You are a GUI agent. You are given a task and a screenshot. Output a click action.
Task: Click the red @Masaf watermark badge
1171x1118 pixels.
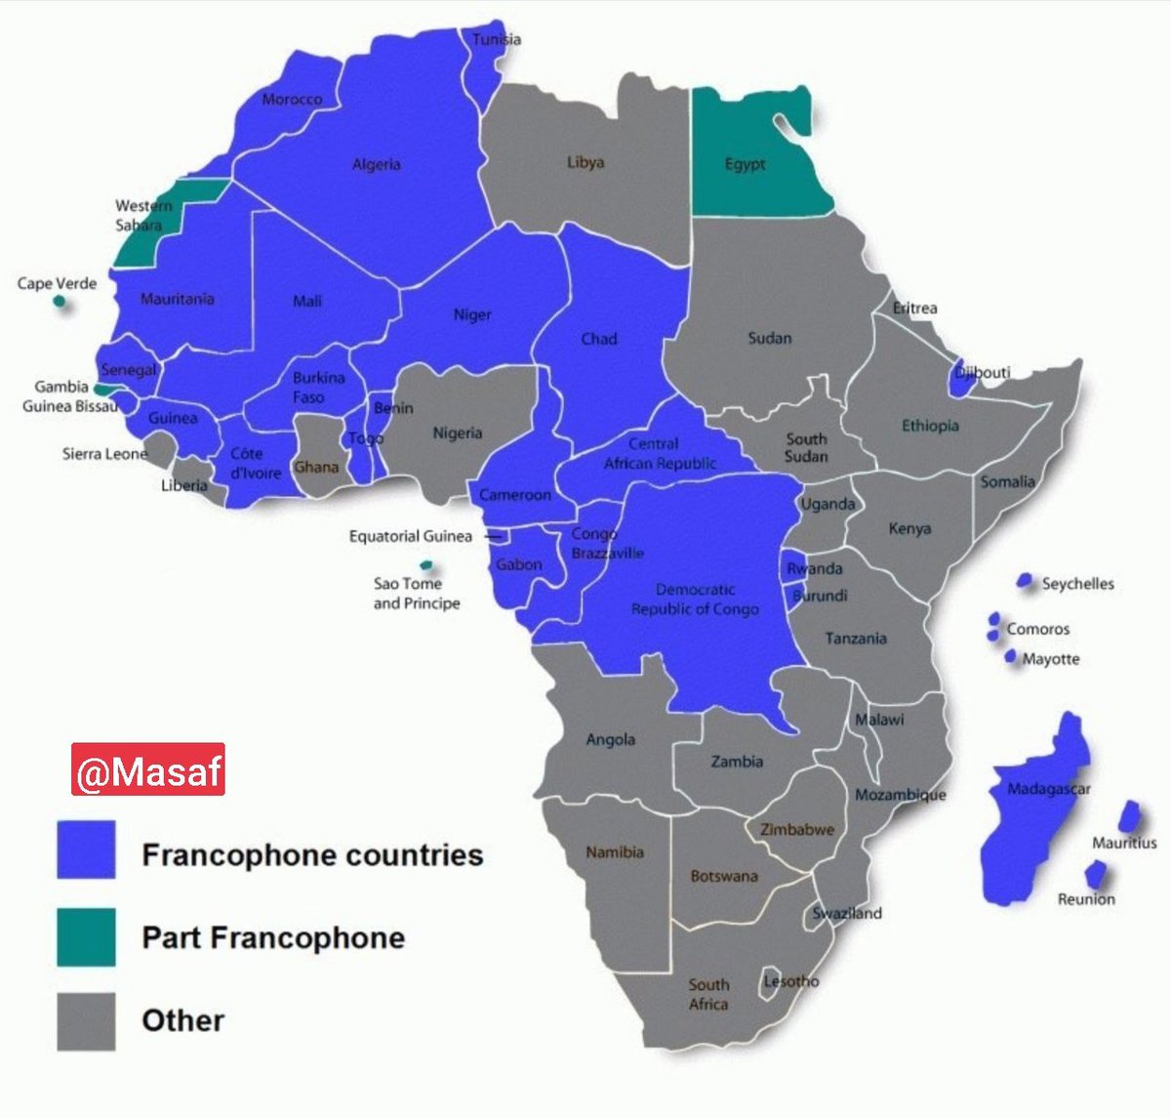click(148, 768)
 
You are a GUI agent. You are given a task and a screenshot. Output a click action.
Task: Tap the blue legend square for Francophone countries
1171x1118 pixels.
click(86, 849)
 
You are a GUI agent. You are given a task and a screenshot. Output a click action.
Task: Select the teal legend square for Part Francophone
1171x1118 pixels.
click(86, 936)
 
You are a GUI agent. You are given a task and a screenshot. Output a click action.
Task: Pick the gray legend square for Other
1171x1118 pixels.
click(86, 1021)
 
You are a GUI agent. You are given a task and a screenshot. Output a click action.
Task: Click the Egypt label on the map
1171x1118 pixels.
click(746, 164)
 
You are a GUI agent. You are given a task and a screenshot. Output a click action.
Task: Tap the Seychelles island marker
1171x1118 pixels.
click(1025, 581)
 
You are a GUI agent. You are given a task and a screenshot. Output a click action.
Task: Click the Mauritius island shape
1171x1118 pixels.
click(1129, 816)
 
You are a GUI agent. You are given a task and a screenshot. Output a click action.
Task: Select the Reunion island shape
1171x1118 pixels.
click(1096, 874)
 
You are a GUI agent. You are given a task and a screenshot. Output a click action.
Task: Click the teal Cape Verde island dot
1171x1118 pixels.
click(61, 302)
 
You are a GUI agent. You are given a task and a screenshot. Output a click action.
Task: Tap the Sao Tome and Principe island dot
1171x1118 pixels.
click(425, 565)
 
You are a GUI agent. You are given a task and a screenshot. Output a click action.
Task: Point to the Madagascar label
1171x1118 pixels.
click(1048, 789)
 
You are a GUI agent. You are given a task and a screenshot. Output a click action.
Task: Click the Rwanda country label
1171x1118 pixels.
click(814, 568)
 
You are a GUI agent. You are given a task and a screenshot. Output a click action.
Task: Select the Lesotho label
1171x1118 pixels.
click(790, 980)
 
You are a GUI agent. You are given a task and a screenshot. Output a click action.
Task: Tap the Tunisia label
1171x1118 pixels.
click(497, 40)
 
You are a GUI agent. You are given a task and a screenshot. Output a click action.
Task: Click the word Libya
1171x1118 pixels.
click(585, 162)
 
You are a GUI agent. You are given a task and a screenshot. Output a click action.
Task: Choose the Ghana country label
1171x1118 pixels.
click(316, 467)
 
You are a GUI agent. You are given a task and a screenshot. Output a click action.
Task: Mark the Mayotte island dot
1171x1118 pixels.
click(1011, 656)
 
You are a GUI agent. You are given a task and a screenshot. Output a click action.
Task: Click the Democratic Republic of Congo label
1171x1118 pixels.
click(695, 600)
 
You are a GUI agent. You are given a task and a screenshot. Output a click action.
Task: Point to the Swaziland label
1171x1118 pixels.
click(847, 913)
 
